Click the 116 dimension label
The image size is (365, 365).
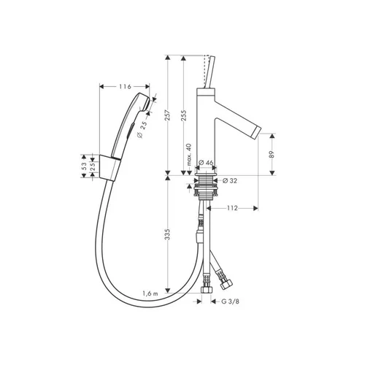pos(125,87)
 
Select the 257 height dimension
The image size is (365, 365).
pos(167,115)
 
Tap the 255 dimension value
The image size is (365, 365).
pos(184,116)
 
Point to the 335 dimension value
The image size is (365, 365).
pos(167,234)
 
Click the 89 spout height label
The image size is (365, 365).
pos(272,155)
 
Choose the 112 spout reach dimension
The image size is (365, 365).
pos(232,208)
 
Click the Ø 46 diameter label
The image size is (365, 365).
pos(206,163)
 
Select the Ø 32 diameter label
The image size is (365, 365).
pos(230,181)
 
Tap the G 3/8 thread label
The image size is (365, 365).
pos(230,301)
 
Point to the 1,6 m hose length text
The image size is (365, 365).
pos(150,293)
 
